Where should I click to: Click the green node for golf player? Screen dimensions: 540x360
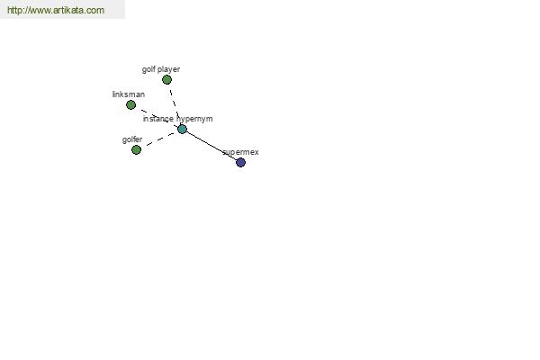coord(166,80)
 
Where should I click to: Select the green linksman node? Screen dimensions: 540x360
coord(130,104)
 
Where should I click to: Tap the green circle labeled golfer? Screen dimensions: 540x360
coord(137,150)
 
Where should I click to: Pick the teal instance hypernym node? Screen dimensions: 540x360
coord(182,130)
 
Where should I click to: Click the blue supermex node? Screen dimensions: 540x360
coord(240,162)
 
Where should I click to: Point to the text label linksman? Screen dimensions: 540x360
coord(129,94)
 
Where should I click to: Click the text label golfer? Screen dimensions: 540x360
coord(132,139)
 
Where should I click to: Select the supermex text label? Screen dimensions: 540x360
coord(240,152)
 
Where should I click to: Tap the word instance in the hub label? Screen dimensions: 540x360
coord(158,119)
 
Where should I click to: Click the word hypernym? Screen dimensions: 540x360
coord(194,119)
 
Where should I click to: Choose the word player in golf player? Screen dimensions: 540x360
coord(169,69)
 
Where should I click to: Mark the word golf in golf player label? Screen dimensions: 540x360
coord(148,69)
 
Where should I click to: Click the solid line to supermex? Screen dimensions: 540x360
coord(211,146)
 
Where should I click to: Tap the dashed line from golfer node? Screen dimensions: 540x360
coord(159,139)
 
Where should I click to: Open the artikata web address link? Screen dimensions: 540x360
coord(56,10)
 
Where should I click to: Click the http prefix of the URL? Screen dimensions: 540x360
coord(14,10)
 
